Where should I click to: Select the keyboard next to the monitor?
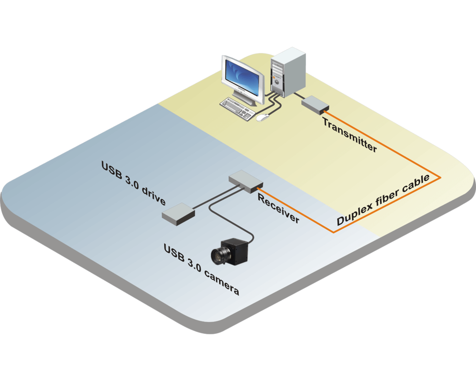236,107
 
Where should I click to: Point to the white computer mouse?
260,117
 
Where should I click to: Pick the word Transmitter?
349,134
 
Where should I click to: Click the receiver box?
245,180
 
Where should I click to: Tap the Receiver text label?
278,209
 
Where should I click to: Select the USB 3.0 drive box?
178,212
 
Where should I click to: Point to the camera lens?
220,255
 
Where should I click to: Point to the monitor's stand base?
252,101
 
